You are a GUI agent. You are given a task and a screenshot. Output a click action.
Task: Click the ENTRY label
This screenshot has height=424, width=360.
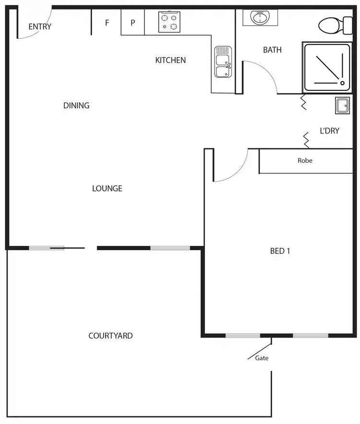coord(40,26)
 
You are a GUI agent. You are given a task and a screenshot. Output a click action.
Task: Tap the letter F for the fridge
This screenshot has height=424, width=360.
coord(107,23)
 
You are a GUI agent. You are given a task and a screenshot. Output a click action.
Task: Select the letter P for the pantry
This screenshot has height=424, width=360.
coord(133,23)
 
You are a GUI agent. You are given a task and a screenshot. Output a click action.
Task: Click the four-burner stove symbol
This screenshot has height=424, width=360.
coord(169,22)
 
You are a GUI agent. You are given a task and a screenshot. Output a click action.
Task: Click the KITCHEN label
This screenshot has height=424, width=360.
coord(170,60)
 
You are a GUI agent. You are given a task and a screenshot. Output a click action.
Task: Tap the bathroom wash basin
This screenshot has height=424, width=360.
coord(260,18)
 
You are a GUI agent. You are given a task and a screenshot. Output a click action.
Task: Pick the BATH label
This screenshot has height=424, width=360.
coord(272,49)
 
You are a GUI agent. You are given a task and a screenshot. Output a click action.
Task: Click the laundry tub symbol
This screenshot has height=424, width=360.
coord(343,105)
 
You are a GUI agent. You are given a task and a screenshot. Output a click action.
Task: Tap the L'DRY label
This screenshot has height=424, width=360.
coord(329,131)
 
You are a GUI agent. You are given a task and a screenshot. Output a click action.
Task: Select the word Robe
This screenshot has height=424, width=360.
coord(305,160)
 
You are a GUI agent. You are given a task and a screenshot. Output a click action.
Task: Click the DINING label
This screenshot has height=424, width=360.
coord(76,105)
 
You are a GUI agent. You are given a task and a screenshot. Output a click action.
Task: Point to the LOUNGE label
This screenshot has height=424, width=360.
coord(107,188)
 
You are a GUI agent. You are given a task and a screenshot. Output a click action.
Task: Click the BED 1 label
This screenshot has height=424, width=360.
coord(280,250)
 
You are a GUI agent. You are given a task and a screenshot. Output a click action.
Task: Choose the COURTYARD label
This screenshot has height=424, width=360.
coord(110,336)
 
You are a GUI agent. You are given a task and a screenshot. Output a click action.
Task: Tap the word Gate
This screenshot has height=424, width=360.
coord(262,358)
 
